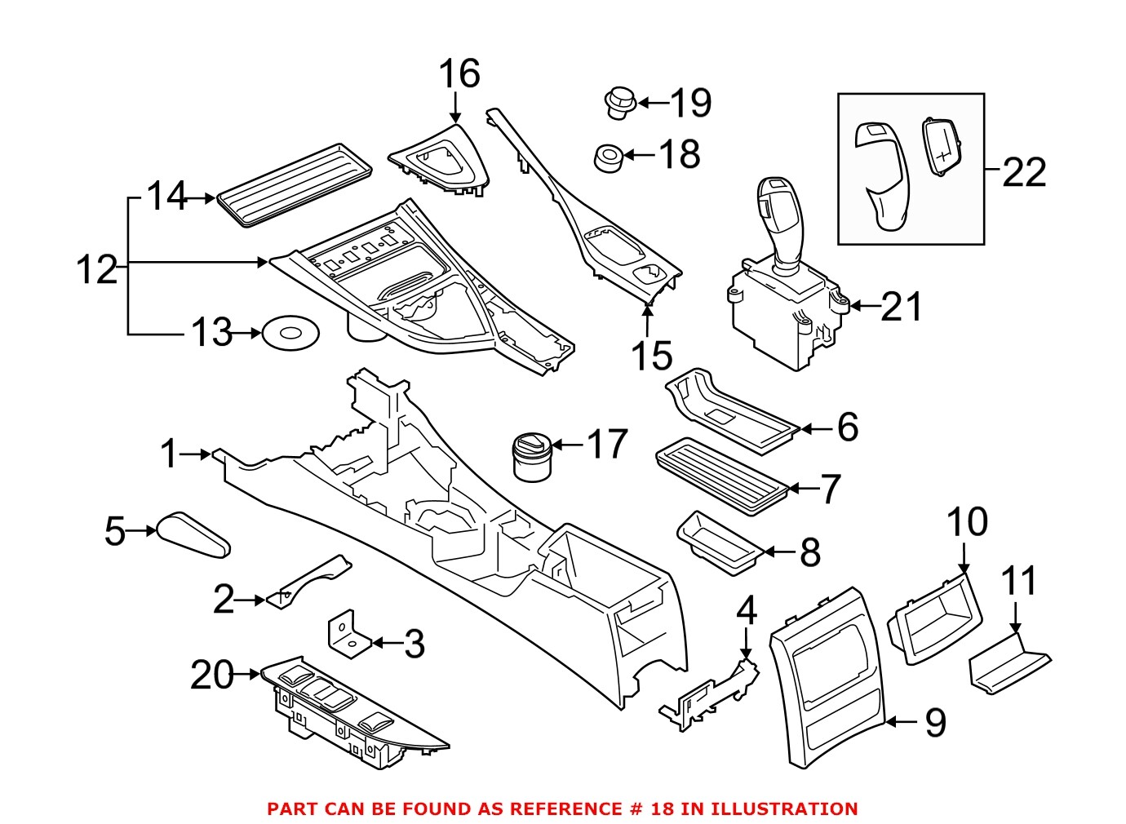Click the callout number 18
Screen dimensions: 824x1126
[679, 153]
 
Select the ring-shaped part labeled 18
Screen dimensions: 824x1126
[607, 157]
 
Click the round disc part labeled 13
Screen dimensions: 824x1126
[290, 334]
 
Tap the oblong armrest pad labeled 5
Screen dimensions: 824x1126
[193, 535]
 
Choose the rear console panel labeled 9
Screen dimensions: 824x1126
[828, 677]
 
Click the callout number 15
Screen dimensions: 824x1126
[651, 356]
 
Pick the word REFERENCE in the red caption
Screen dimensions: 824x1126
[561, 808]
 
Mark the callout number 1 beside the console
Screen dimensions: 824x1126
[169, 454]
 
